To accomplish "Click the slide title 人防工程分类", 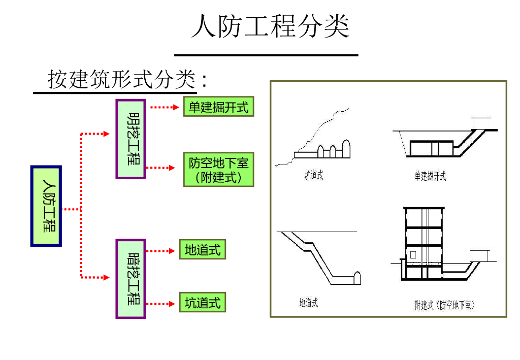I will pyautogui.click(x=270, y=26).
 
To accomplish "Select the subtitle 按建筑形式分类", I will pyautogui.click(x=122, y=80).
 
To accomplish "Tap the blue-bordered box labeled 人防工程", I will pyautogui.click(x=46, y=206).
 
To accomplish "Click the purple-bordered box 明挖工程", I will pyautogui.click(x=131, y=139).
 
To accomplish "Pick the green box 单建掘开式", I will pyautogui.click(x=218, y=108).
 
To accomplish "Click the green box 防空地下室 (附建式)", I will pyautogui.click(x=218, y=170).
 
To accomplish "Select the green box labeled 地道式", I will pyautogui.click(x=202, y=250).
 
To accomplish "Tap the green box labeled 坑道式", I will pyautogui.click(x=202, y=303).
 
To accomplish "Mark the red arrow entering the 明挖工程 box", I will pyautogui.click(x=96, y=134).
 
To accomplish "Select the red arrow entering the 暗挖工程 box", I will pyautogui.click(x=96, y=277).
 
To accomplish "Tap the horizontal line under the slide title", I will pyautogui.click(x=266, y=55).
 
